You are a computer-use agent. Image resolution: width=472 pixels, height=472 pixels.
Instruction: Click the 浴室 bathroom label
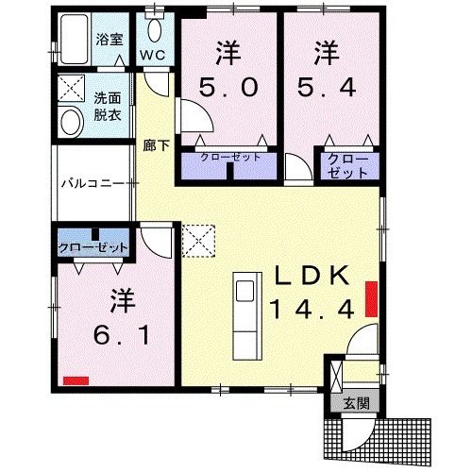(x=110, y=40)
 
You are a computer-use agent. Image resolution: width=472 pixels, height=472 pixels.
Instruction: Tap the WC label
(x=153, y=55)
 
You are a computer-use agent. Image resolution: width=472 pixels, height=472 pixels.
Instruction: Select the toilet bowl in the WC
(x=155, y=29)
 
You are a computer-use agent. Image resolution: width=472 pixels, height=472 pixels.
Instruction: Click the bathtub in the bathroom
(x=75, y=39)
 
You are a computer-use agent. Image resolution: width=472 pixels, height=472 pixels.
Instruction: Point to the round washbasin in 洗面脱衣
(x=72, y=122)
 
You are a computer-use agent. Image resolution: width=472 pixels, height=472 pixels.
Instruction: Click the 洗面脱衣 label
(x=108, y=107)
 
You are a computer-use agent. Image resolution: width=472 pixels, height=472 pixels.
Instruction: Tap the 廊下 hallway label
(x=156, y=145)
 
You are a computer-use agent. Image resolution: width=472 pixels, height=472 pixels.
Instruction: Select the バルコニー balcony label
(x=93, y=183)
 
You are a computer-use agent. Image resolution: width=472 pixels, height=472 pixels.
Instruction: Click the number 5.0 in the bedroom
(x=228, y=88)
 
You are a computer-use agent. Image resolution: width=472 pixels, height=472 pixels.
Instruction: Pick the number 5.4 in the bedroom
(x=328, y=87)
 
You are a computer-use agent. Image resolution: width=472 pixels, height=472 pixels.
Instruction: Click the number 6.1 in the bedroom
(x=122, y=335)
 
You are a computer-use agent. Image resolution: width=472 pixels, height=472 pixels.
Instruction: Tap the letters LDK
(x=312, y=276)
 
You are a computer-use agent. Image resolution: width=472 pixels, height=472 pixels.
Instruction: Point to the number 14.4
(x=312, y=309)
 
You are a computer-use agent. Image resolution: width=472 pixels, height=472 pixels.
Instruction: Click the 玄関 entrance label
(x=356, y=403)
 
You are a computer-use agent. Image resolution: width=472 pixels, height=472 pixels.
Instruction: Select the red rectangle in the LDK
(x=371, y=299)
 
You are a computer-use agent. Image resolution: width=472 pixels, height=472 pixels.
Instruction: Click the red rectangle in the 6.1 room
(x=76, y=380)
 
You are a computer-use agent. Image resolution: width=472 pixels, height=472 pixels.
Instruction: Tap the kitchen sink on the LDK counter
(x=245, y=291)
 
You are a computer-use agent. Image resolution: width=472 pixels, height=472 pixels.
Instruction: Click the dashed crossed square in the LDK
(x=199, y=241)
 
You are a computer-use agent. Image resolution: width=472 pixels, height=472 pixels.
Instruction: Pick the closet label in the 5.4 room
(x=348, y=166)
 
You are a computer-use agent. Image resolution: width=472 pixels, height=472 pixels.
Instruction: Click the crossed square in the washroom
(x=72, y=89)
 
